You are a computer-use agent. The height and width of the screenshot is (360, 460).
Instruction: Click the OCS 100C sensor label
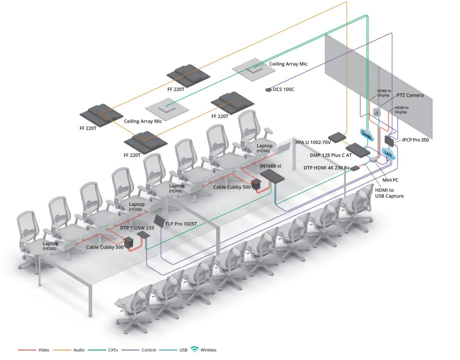(x=283, y=89)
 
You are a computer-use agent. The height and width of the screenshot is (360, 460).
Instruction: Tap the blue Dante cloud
(x=366, y=133)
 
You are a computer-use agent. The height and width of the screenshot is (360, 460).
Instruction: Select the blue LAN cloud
(x=387, y=153)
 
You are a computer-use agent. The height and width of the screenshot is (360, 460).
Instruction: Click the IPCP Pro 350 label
(x=415, y=140)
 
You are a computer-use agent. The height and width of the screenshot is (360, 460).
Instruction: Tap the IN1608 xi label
(x=270, y=165)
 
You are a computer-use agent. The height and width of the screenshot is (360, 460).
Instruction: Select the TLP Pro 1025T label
(x=181, y=223)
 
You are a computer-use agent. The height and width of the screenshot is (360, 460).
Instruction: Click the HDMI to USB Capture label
(x=389, y=192)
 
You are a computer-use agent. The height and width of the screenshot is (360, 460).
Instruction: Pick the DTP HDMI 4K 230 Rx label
(x=326, y=167)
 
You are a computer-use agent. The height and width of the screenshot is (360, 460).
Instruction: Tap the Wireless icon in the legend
(x=195, y=349)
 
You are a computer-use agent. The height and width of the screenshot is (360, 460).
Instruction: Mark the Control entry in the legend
(x=149, y=350)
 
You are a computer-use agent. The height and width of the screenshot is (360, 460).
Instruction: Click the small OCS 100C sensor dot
(x=268, y=89)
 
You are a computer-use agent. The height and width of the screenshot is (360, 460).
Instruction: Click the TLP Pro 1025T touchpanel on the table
(x=158, y=221)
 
